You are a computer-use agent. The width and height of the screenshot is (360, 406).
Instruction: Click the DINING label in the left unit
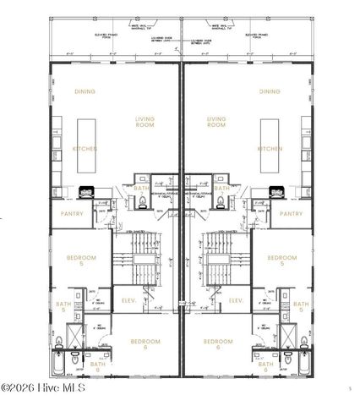coord(85,91)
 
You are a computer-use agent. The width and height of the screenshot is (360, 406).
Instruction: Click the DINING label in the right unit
coord(270,91)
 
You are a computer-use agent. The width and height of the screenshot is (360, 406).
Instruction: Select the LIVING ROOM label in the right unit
coord(216,123)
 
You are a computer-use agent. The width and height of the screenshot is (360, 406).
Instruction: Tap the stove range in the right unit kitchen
coord(272,191)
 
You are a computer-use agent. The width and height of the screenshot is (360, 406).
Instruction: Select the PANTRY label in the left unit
coord(72,214)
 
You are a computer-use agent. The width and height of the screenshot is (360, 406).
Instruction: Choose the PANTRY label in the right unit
coord(291,214)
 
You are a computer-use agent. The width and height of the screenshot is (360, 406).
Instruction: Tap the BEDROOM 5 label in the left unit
coord(82,261)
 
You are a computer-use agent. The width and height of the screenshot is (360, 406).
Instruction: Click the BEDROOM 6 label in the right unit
coord(217,344)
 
